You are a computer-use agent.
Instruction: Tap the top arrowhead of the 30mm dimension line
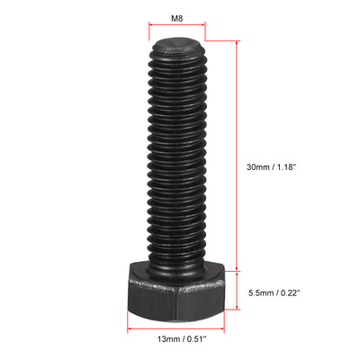pos(238,42)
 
